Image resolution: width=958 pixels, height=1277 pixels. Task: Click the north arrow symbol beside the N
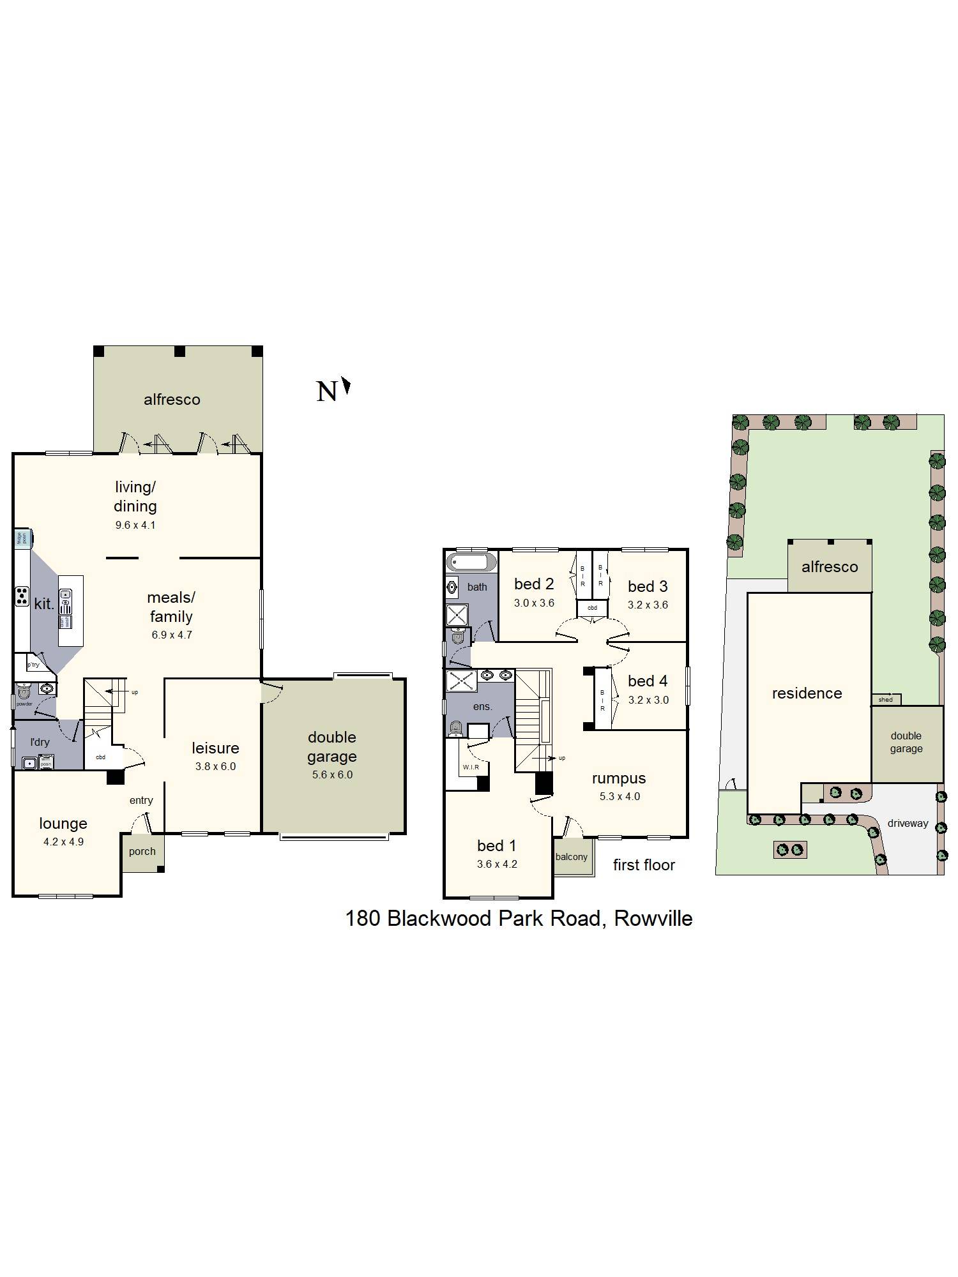pos(347,386)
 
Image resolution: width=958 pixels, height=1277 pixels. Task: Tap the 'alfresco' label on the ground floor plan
pos(172,400)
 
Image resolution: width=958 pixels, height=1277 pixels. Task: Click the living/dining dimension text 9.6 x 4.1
pos(135,525)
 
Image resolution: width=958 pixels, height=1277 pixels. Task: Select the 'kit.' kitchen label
pos(43,603)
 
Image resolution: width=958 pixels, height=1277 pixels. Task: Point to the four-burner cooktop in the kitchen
pos(22,596)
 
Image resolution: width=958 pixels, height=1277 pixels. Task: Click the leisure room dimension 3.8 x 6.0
pos(215,766)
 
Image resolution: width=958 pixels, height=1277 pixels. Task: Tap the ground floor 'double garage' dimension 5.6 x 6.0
pos(332,775)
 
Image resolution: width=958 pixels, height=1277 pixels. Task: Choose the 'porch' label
pos(142,851)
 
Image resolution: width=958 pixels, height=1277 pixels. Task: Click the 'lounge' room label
pos(63,823)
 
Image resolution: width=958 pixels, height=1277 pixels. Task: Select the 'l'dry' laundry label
pos(40,742)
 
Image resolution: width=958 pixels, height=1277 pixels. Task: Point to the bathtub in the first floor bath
pos(471,563)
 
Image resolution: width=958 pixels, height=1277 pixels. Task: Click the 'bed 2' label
pos(534,584)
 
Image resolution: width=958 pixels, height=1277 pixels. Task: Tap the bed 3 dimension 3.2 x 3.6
pos(648,605)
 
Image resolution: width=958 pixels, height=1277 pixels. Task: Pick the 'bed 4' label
pos(648,681)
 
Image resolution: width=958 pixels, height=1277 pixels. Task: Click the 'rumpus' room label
pos(618,778)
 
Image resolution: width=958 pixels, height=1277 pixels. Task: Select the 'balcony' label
pos(571,857)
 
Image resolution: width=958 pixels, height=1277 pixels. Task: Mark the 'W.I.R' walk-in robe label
pos(471,767)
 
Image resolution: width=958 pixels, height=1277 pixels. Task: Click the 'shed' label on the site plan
pos(885,700)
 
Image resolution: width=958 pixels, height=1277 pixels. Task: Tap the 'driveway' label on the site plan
pos(908,824)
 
